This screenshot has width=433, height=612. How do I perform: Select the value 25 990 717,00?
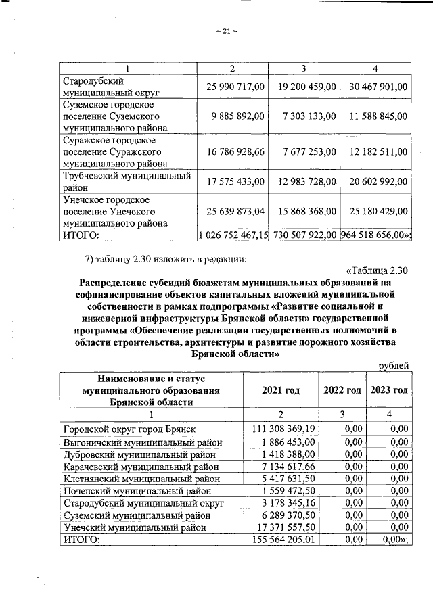[232, 87]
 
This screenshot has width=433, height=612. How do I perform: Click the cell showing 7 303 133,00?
[304, 116]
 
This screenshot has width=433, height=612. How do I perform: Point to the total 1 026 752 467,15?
[232, 235]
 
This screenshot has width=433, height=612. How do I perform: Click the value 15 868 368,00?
[304, 212]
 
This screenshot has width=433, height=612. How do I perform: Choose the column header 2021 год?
[280, 390]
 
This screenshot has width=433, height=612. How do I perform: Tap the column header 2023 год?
[389, 390]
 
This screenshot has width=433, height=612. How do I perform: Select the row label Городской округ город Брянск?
[129, 429]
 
